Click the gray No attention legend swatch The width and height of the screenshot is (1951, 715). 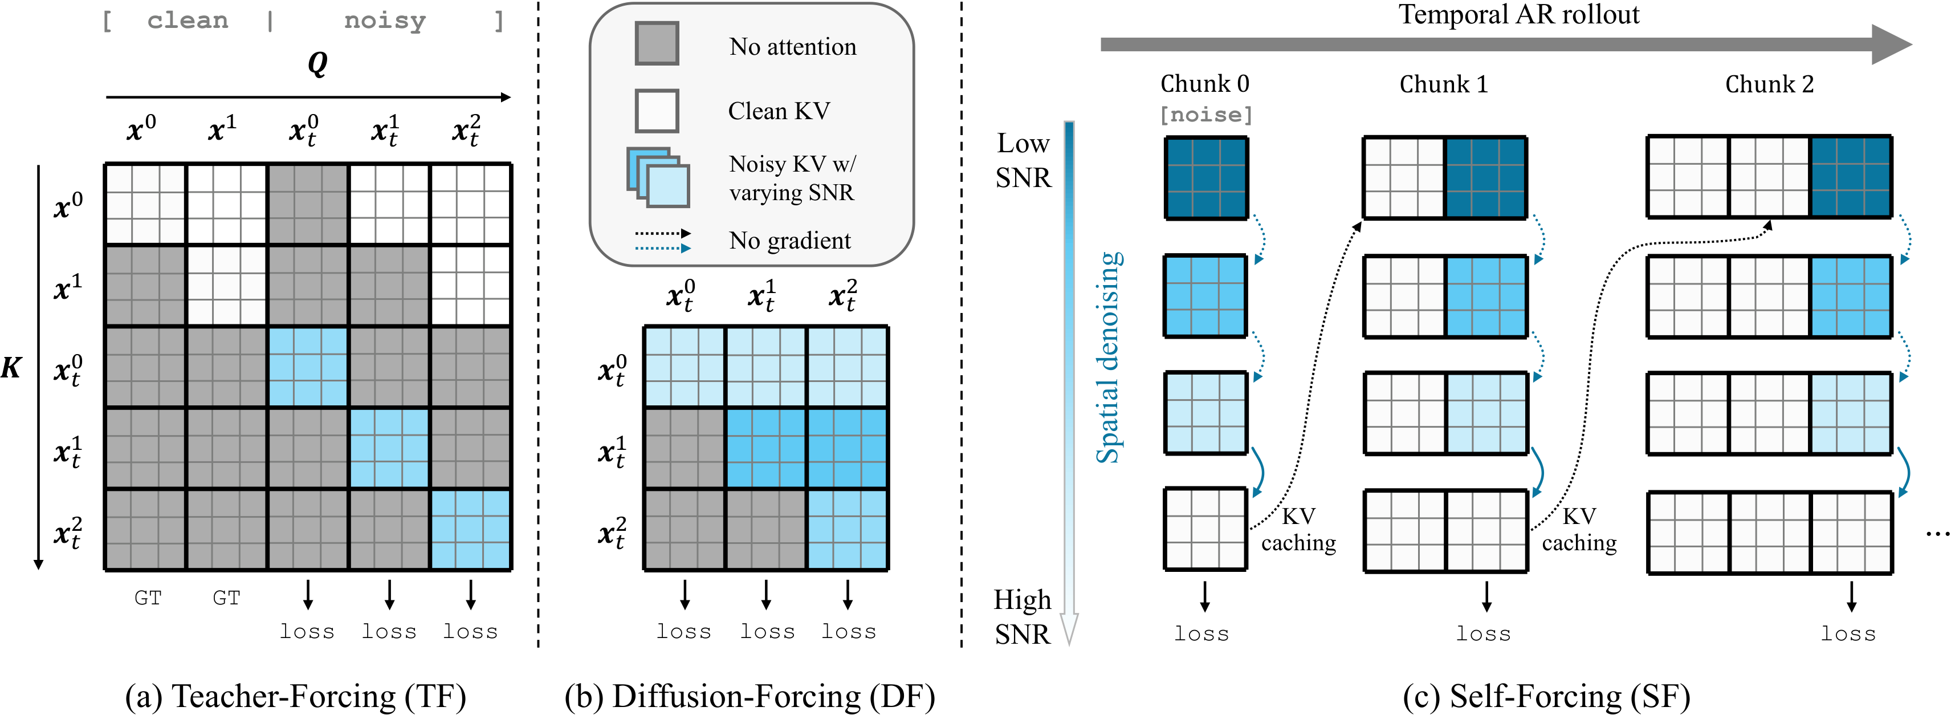[x=657, y=43]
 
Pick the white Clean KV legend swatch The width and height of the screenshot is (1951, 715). [x=657, y=111]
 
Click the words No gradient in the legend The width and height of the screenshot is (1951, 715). [x=790, y=240]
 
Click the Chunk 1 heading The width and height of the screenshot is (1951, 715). [x=1444, y=83]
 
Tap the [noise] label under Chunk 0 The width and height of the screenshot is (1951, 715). [x=1205, y=115]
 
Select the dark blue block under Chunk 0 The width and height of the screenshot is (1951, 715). [x=1205, y=178]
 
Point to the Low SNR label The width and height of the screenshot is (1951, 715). [x=1023, y=160]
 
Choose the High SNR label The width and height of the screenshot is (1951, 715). [x=1023, y=616]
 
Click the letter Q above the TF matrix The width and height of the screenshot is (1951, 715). [x=318, y=64]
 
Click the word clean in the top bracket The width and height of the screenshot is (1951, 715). [x=188, y=21]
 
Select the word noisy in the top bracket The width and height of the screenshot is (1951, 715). [x=385, y=21]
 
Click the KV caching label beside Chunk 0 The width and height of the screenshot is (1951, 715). [x=1298, y=529]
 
